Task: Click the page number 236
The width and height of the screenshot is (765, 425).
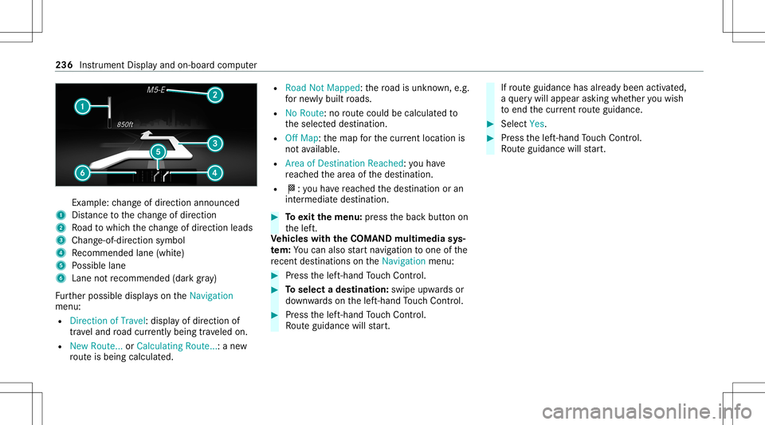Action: click(x=64, y=65)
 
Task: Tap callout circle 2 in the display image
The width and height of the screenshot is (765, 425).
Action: click(x=214, y=95)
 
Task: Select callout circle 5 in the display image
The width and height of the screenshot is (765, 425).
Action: click(x=158, y=152)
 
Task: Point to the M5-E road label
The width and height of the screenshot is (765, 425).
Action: click(x=156, y=90)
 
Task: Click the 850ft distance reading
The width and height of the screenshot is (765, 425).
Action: click(x=125, y=124)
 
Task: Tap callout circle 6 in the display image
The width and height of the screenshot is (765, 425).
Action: click(x=82, y=173)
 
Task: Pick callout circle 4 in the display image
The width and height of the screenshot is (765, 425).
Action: click(x=214, y=173)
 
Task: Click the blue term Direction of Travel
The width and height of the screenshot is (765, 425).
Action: click(x=108, y=321)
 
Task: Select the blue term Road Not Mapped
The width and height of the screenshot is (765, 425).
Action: click(x=323, y=88)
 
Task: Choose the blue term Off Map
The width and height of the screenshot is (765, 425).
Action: click(x=301, y=138)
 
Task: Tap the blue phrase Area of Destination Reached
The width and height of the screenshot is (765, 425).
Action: click(x=344, y=163)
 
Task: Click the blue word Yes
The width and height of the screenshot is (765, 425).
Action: click(x=536, y=124)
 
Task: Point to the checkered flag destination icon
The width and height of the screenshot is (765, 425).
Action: click(x=292, y=188)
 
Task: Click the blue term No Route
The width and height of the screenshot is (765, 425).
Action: click(x=304, y=113)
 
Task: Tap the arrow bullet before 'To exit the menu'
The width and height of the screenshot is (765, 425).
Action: click(x=275, y=217)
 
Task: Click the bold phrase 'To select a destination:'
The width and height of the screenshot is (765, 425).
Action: click(x=336, y=289)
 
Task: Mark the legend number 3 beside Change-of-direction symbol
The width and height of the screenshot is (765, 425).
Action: click(x=61, y=240)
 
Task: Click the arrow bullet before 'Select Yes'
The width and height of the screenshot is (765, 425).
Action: click(x=490, y=124)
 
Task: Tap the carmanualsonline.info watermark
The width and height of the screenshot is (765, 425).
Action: click(x=647, y=411)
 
